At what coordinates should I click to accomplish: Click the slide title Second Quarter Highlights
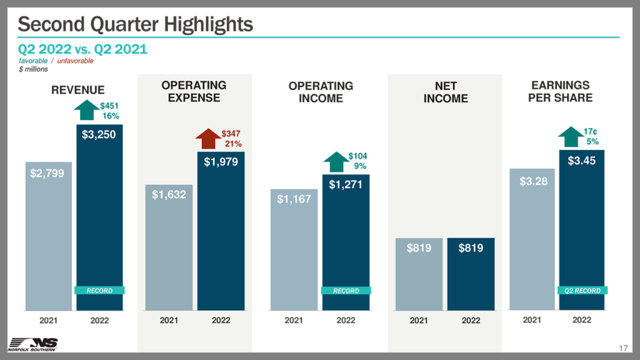pyautogui.click(x=136, y=24)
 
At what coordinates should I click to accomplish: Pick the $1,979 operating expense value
pyautogui.click(x=221, y=161)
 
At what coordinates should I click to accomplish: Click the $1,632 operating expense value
pyautogui.click(x=169, y=194)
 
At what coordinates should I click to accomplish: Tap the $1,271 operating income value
pyautogui.click(x=346, y=184)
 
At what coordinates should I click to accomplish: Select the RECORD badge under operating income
pyautogui.click(x=346, y=291)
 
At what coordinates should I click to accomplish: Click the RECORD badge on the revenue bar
pyautogui.click(x=99, y=291)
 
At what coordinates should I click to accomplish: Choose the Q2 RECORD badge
pyautogui.click(x=582, y=291)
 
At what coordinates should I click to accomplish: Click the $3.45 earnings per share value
pyautogui.click(x=582, y=161)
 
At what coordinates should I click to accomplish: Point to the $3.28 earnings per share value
pyautogui.click(x=532, y=181)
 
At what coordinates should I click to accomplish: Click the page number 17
pyautogui.click(x=622, y=347)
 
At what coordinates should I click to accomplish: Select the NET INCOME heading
pyautogui.click(x=445, y=92)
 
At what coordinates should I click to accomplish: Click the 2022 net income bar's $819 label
pyautogui.click(x=471, y=248)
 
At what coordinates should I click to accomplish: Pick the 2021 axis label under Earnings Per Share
pyautogui.click(x=532, y=320)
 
